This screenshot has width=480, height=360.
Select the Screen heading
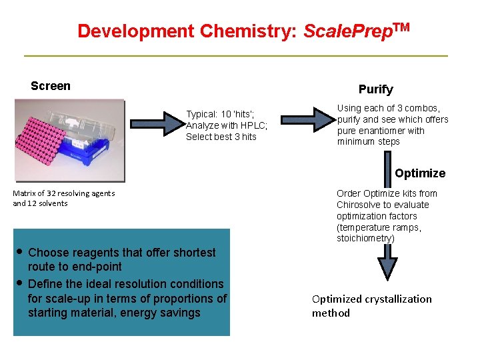(x=51, y=86)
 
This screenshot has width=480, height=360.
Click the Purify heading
(x=375, y=89)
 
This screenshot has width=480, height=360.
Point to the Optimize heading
(x=419, y=173)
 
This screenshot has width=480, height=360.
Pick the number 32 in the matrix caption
(x=53, y=193)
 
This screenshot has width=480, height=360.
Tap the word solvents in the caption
(x=53, y=203)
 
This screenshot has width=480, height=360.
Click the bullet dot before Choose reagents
(x=20, y=252)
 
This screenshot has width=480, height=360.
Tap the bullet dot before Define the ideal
(x=20, y=283)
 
